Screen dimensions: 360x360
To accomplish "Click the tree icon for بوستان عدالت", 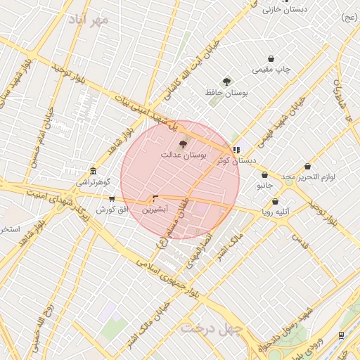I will coord(184,144).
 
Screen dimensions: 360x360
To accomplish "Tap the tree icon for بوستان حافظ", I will coord(226,82).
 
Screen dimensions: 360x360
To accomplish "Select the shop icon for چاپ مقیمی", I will coord(271,59).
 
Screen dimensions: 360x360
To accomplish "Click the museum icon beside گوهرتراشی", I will coord(94,171).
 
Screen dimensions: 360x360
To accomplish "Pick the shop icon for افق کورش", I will coord(112,199).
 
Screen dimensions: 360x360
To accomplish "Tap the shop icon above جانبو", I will coord(264,175).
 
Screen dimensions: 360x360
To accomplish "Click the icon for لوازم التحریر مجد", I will coord(308,167).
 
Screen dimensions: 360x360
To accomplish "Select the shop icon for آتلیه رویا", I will coord(275,201).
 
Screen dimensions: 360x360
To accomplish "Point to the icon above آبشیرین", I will coord(155,199).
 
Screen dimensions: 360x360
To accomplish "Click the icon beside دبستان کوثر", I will coord(236,150).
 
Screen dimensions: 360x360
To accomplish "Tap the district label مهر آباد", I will coord(89,19).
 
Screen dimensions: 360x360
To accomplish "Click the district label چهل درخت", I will coord(211,328).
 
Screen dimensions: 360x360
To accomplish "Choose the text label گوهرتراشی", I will coord(94,182).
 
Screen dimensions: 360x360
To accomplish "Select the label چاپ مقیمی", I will coord(272,70).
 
